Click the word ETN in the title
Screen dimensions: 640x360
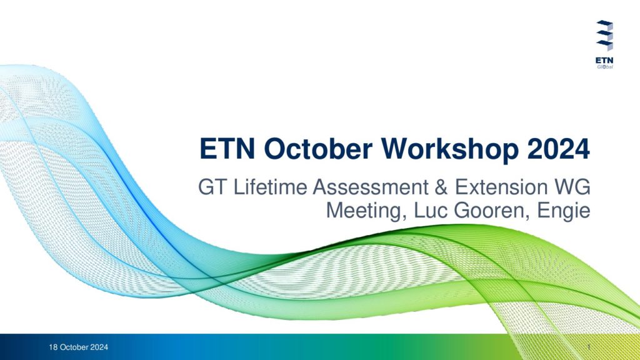pos(227,149)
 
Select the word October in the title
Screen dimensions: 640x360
pos(318,149)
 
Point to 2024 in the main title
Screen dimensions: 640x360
pos(558,149)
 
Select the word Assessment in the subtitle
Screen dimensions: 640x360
pos(371,187)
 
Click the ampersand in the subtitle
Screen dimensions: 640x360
pos(442,187)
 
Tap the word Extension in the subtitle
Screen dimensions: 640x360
pos(501,187)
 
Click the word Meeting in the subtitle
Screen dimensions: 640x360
pos(366,211)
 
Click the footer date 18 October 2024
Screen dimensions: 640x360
pos(78,347)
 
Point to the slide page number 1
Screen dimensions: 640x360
pos(589,347)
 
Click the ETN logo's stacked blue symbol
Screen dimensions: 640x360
pos(604,36)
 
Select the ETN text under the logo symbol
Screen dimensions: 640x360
pos(604,61)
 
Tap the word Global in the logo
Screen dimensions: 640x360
pos(605,66)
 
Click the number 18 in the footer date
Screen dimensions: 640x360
pos(53,347)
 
